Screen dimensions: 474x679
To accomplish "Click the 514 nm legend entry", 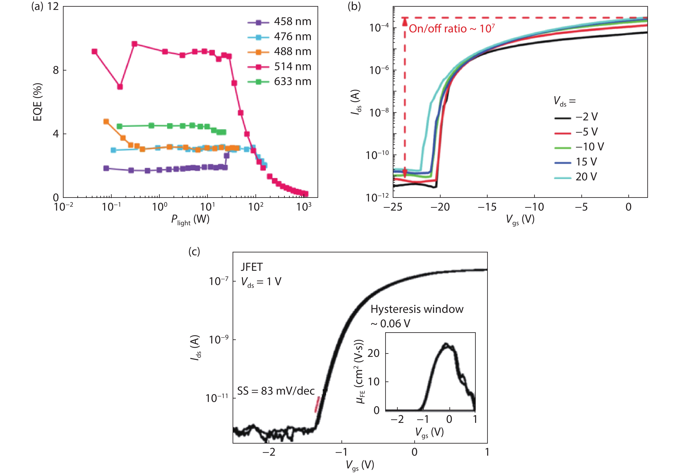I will [x=279, y=67].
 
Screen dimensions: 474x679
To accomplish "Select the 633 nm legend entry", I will [x=279, y=82].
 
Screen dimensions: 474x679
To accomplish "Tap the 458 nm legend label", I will [x=293, y=22].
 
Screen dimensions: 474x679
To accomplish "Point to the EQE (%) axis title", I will [x=38, y=102].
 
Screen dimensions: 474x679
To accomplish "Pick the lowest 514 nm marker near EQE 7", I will [x=120, y=87].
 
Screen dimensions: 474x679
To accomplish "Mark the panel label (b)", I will [x=354, y=6].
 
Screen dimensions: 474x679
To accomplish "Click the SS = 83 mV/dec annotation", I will [x=276, y=391].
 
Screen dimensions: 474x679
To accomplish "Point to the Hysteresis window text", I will [x=417, y=309].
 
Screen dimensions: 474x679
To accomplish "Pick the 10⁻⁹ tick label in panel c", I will [x=218, y=340].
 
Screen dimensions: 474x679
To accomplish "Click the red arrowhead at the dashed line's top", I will [x=405, y=21].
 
